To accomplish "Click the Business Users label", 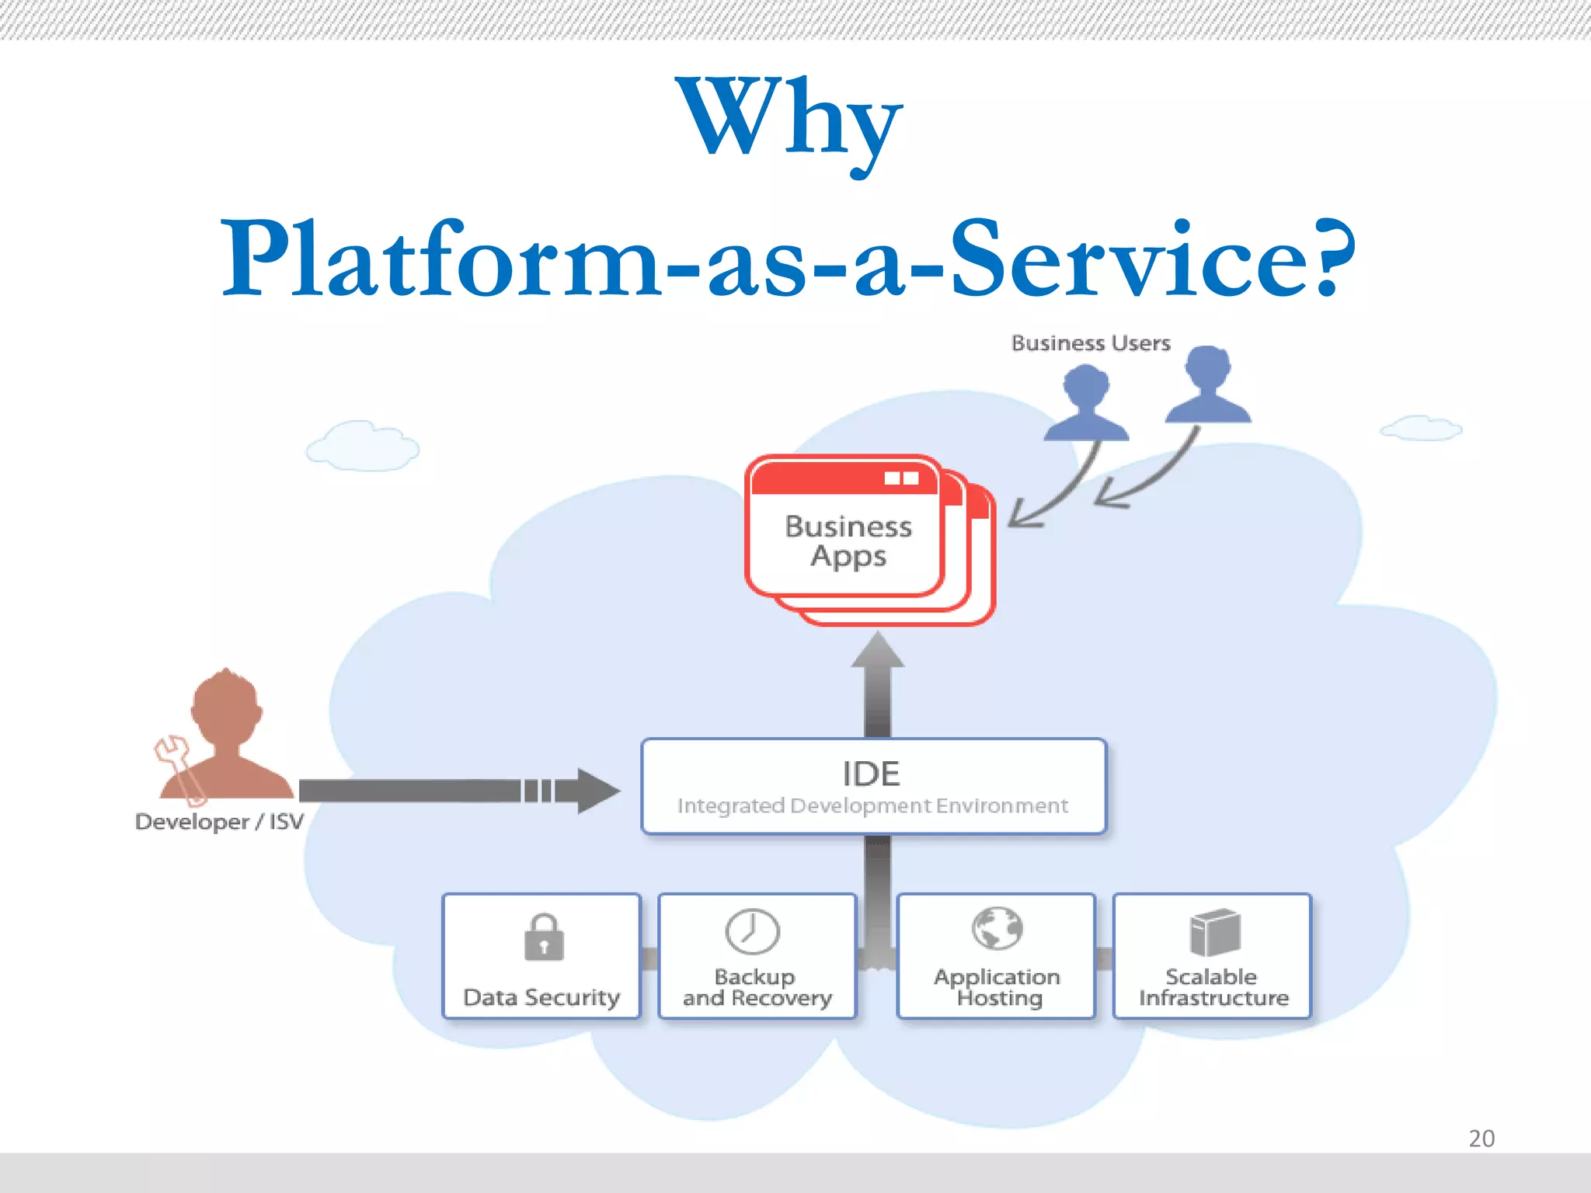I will point(1090,343).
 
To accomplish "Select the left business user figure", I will point(1086,404).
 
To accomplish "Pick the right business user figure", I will point(1209,385).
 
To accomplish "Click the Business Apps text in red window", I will point(848,541).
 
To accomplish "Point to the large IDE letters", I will point(871,774).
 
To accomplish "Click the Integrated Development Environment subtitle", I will point(872,806).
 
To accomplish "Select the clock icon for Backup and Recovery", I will point(752,931).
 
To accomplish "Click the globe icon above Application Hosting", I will point(997,928).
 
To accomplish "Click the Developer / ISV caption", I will point(219,822).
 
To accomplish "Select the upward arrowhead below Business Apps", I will point(877,651).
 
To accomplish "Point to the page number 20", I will point(1481,1139).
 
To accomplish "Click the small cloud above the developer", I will point(362,447).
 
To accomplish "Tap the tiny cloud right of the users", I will point(1420,428).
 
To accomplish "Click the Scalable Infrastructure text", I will point(1213,987).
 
